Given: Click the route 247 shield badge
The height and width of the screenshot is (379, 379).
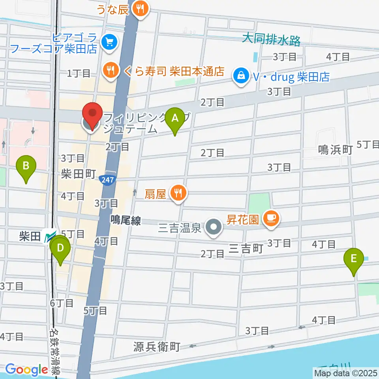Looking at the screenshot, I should pyautogui.click(x=107, y=180).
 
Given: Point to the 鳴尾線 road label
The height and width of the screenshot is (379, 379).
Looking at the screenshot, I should pyautogui.click(x=126, y=221).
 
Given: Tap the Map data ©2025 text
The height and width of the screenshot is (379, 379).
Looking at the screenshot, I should pyautogui.click(x=345, y=372).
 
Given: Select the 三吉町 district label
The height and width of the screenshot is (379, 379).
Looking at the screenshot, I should pyautogui.click(x=246, y=249).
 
